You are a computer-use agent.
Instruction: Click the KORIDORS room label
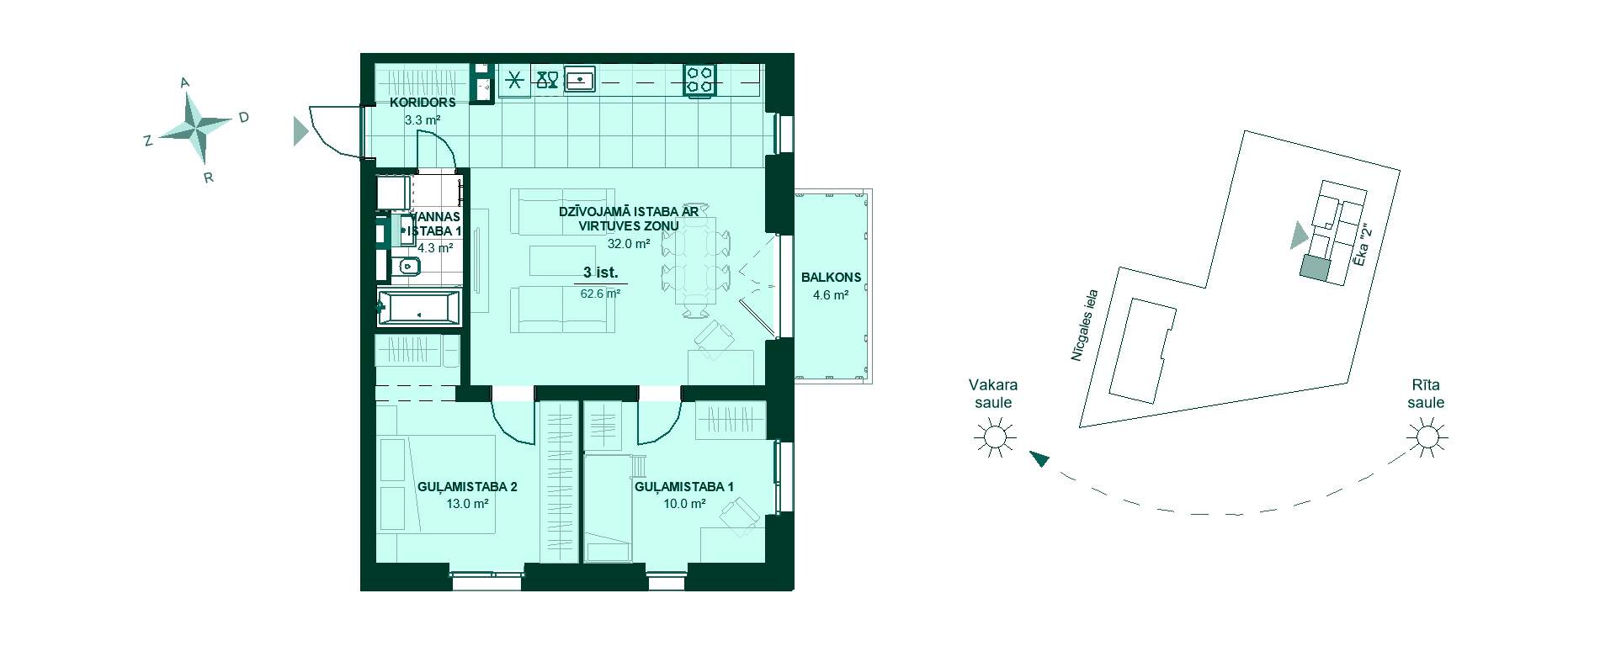click(423, 103)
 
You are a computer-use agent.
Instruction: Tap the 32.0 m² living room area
click(629, 244)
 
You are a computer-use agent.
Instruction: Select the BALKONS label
click(831, 277)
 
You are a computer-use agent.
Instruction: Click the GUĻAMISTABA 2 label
click(467, 486)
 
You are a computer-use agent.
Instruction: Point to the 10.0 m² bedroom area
click(684, 504)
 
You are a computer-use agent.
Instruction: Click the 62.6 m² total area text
click(600, 294)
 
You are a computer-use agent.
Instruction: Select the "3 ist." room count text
click(601, 273)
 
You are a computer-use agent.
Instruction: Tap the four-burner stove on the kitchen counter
click(700, 79)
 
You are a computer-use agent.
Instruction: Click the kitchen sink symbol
click(580, 79)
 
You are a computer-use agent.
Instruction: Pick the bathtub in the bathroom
click(418, 308)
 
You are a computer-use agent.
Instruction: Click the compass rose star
click(194, 128)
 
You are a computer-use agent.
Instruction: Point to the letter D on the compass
click(243, 118)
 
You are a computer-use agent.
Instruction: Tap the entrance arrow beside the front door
click(300, 131)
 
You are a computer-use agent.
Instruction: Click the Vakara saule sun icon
click(994, 437)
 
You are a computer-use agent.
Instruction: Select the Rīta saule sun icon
click(1427, 437)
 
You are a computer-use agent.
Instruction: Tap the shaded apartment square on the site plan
click(1313, 267)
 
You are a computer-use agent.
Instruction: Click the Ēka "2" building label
click(1363, 239)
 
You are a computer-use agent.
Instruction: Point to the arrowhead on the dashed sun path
click(1039, 458)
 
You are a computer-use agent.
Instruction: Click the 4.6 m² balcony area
click(831, 295)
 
